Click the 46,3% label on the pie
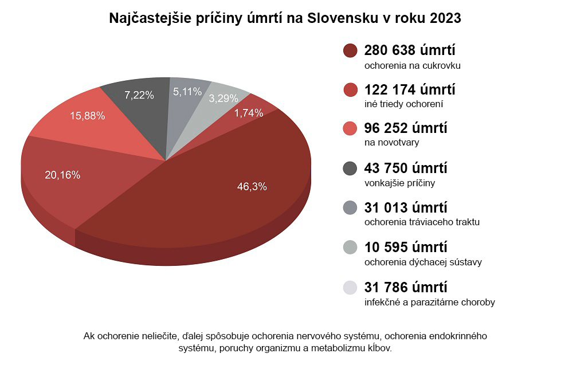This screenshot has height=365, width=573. point(252,186)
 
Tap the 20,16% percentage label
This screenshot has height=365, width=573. point(62,175)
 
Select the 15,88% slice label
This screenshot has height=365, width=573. point(87,116)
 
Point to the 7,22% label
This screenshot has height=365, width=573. point(139,95)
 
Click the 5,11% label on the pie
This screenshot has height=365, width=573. point(187,91)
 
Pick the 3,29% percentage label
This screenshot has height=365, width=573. point(223,98)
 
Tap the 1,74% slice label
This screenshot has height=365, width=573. point(249,113)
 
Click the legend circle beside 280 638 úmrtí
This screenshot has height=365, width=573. point(350,50)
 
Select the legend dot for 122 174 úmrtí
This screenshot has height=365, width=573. point(350,90)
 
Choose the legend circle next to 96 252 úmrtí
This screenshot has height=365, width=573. point(350,129)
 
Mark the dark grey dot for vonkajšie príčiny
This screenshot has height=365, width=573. point(350,168)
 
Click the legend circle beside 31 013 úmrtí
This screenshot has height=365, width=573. point(350,208)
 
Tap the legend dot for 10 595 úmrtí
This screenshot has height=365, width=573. point(350,248)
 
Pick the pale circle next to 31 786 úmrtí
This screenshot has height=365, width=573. point(350,287)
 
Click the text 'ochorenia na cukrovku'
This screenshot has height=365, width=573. point(413,65)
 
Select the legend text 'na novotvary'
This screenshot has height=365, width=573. point(388,143)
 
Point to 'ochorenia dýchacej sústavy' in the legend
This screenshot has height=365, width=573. point(423,262)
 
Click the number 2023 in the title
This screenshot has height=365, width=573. point(442,18)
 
